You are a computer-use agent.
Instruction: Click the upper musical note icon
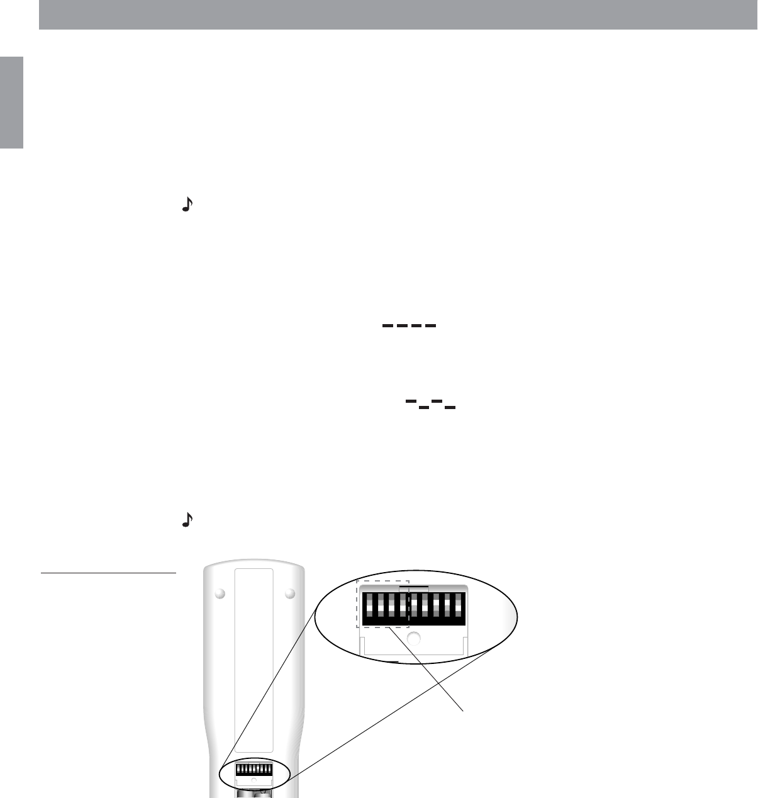186,205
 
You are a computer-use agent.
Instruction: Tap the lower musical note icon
186,519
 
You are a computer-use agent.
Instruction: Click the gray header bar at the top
398,14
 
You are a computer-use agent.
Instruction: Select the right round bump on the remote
289,593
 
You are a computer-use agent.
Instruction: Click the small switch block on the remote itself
254,770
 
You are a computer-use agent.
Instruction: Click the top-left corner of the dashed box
357,581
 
